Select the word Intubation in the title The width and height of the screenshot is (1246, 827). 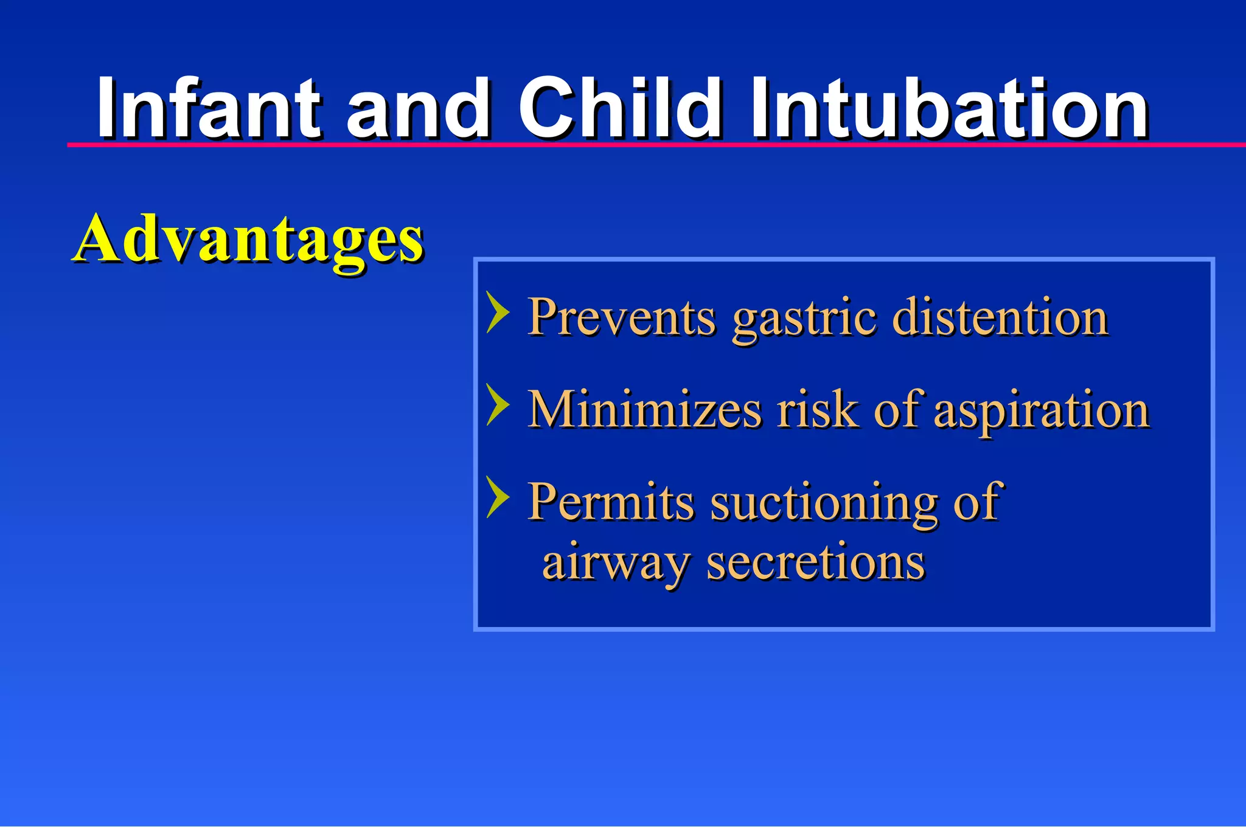coord(949,109)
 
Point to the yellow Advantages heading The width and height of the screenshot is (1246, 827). coord(248,240)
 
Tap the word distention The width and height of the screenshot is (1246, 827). coord(1000,317)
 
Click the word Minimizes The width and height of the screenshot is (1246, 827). coord(644,409)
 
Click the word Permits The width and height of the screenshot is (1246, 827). coord(611,502)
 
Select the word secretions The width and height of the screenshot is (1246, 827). coord(815,562)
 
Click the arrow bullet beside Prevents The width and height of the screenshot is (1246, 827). coord(498,313)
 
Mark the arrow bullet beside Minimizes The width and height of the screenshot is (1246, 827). coord(498,404)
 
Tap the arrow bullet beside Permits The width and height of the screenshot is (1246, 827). coord(498,497)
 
